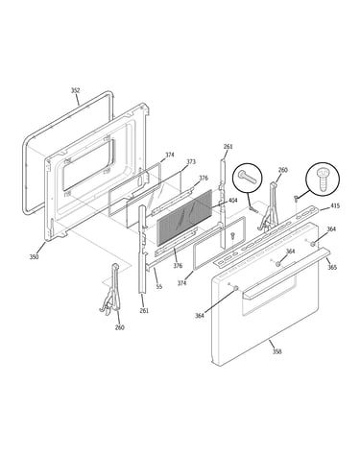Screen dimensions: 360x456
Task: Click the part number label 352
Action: coord(75,90)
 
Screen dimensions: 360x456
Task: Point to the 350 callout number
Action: coord(35,256)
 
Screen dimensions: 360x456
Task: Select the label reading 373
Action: coord(191,162)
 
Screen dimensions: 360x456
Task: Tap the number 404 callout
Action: coord(232,201)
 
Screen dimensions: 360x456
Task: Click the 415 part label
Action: coord(335,205)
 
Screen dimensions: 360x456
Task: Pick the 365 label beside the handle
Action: coord(332,267)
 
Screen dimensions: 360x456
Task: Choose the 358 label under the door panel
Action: coord(277,351)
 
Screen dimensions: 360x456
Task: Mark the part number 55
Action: coord(159,287)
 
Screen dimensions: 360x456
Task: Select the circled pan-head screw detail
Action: coord(323,179)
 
